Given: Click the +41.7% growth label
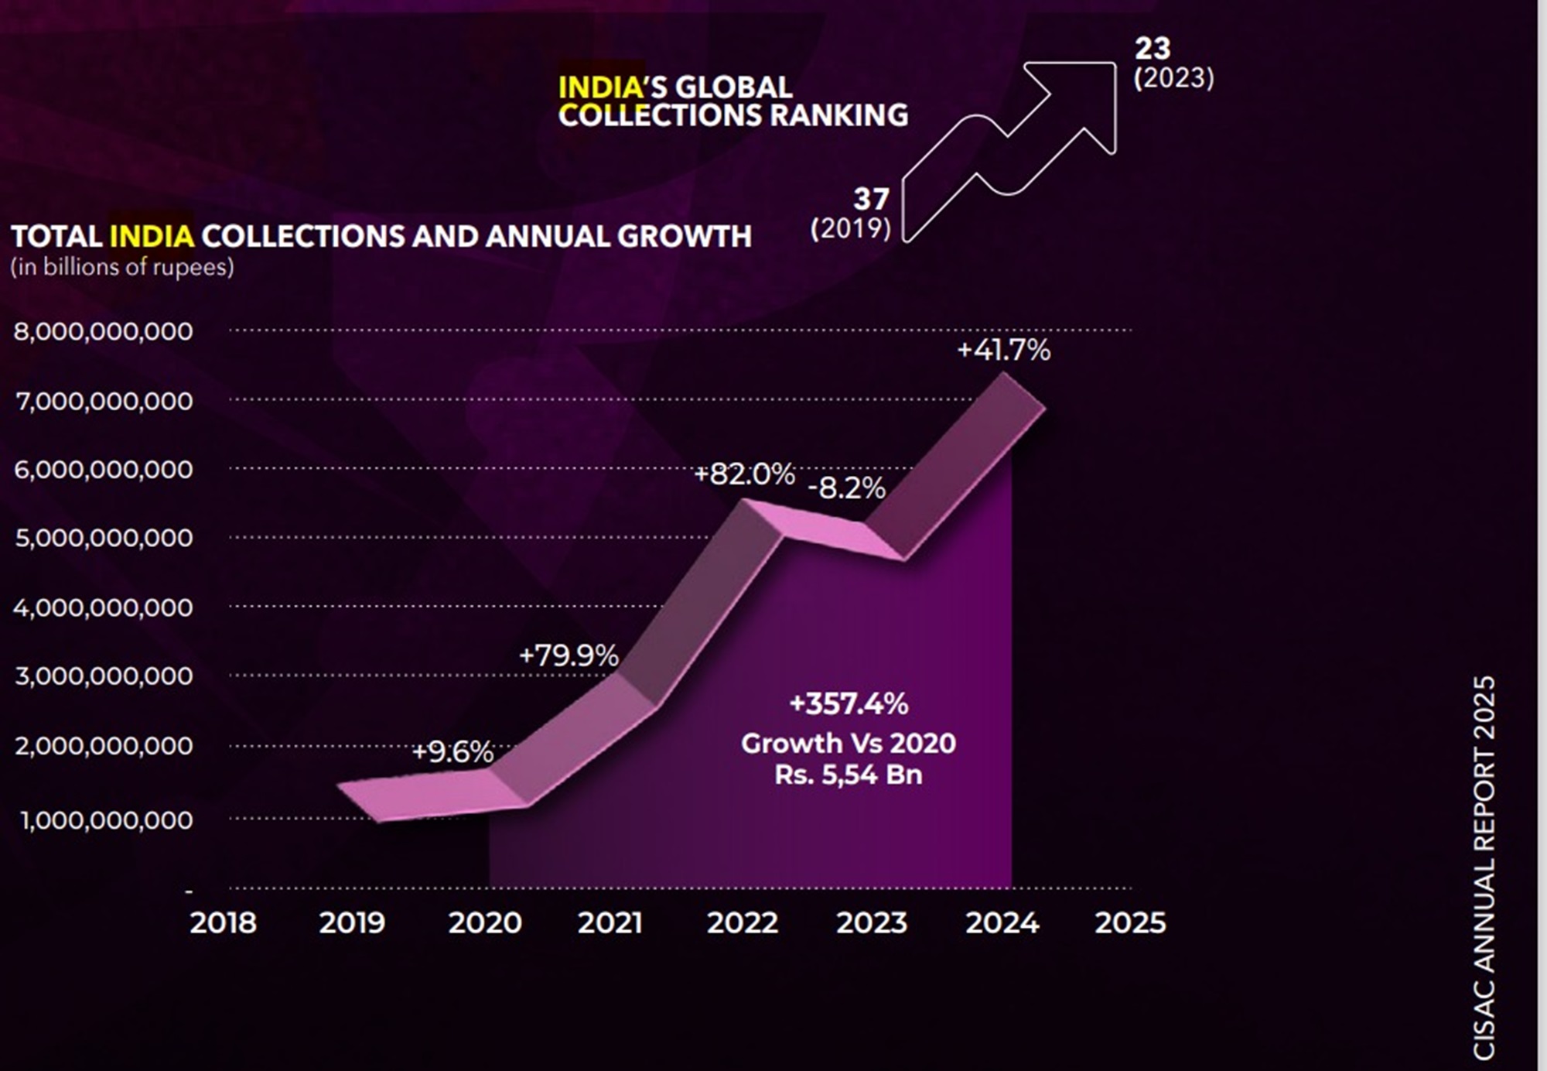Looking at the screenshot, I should (x=1003, y=351).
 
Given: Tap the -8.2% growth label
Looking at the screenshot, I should (x=846, y=488).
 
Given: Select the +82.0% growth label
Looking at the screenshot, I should (x=744, y=474).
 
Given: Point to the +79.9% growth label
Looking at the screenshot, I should (x=569, y=655).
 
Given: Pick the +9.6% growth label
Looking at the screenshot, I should (x=452, y=751).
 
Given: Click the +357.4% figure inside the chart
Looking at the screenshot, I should (x=849, y=704).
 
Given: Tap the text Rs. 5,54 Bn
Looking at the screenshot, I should (x=849, y=775).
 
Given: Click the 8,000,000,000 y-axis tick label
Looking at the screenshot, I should (x=103, y=331).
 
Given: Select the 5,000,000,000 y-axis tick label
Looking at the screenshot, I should (x=104, y=538).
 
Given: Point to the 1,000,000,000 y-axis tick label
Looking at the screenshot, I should (x=106, y=820).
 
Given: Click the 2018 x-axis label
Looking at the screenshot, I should (x=223, y=922).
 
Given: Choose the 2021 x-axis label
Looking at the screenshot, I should (x=610, y=922).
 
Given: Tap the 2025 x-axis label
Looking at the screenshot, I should (x=1130, y=922).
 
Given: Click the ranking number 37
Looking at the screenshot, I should (x=871, y=200).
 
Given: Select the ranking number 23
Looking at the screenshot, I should (x=1153, y=49).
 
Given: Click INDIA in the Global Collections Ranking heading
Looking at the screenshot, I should (x=602, y=87).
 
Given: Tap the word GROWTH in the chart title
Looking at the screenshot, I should (x=684, y=236).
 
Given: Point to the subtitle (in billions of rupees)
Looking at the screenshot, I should (x=122, y=267).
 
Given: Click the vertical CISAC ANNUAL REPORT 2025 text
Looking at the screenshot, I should (x=1484, y=867).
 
